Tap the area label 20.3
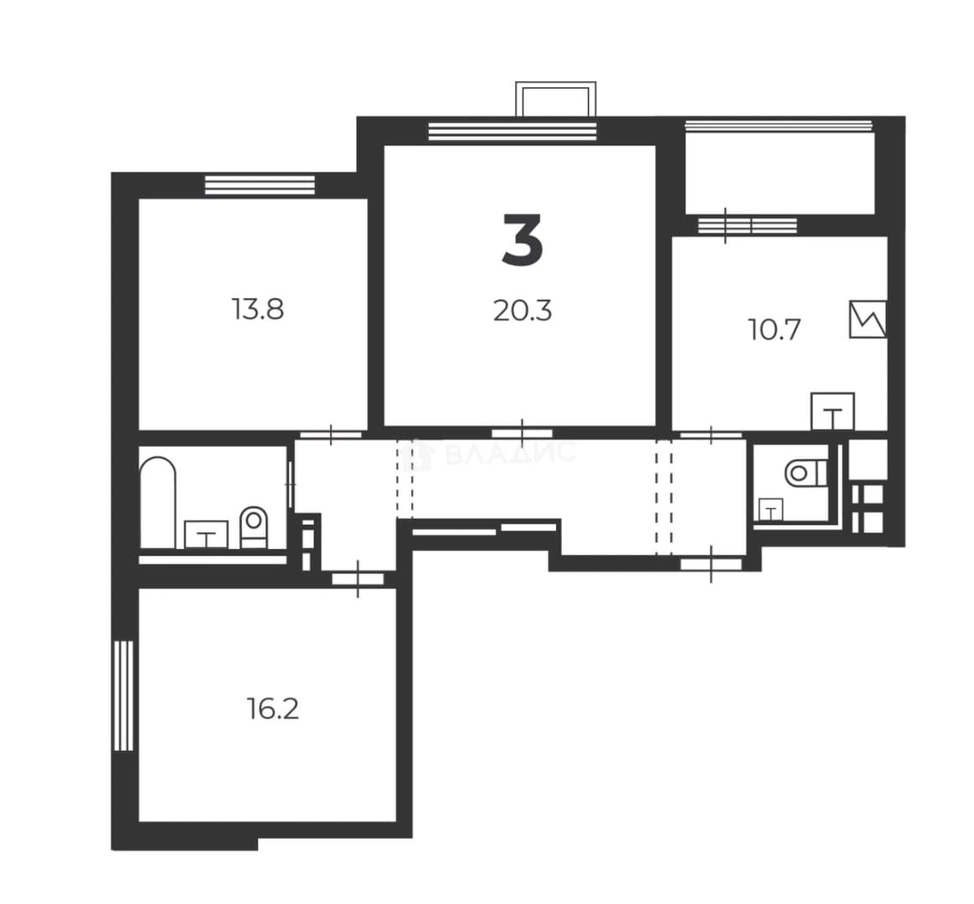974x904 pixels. click(523, 311)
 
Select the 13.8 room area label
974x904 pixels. click(258, 309)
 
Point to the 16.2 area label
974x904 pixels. click(273, 708)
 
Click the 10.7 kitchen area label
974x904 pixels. click(775, 329)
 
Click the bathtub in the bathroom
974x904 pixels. click(157, 503)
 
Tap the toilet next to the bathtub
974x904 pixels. click(254, 527)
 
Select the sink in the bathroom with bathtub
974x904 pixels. click(206, 535)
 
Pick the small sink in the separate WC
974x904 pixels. click(770, 511)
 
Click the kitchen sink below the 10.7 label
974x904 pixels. click(833, 411)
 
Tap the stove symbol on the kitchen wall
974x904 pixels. click(868, 320)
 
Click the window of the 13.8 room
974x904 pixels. click(260, 185)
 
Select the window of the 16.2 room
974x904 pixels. click(124, 696)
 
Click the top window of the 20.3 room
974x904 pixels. click(513, 131)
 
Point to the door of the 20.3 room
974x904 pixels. click(523, 433)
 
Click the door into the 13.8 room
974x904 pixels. click(331, 434)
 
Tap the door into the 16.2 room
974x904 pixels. click(358, 578)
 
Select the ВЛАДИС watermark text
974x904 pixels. click(511, 453)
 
